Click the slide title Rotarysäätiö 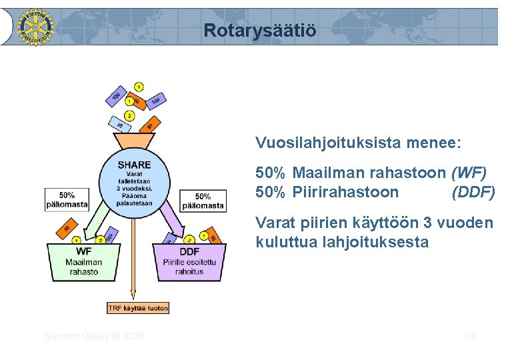click(x=260, y=31)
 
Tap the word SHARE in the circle click(x=134, y=165)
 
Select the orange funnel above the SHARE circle click(x=134, y=142)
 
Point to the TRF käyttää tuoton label click(x=138, y=307)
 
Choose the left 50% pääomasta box click(x=67, y=200)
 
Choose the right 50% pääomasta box click(x=203, y=201)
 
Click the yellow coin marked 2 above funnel click(x=129, y=116)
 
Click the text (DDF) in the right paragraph click(x=473, y=193)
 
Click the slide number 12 click(x=470, y=336)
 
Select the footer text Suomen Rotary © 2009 click(x=93, y=336)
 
